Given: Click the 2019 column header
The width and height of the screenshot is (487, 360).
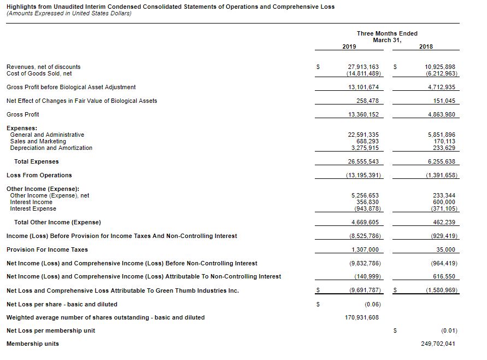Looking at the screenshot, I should pos(349,47).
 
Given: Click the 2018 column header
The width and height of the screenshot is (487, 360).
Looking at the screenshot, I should pos(426,47).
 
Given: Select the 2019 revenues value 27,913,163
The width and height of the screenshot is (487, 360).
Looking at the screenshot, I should pos(363,67).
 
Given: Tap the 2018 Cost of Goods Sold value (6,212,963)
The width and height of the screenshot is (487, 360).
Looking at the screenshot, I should pos(441,73).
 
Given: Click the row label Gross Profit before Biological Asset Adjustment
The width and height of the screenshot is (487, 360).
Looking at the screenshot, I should pos(71,87).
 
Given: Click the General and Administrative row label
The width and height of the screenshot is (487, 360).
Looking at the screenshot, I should pos(47,135).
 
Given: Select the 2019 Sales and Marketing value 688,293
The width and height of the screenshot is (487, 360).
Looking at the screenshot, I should pos(367,141).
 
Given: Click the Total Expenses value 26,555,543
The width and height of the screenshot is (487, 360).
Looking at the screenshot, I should pos(363,161).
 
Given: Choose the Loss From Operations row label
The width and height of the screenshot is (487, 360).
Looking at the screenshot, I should pos(39,175).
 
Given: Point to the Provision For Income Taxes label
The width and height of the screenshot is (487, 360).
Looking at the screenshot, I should pos(47,249).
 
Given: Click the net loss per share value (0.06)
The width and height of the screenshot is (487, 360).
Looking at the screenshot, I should pos(372,304).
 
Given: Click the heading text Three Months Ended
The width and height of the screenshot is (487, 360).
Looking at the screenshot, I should pos(379,33).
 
